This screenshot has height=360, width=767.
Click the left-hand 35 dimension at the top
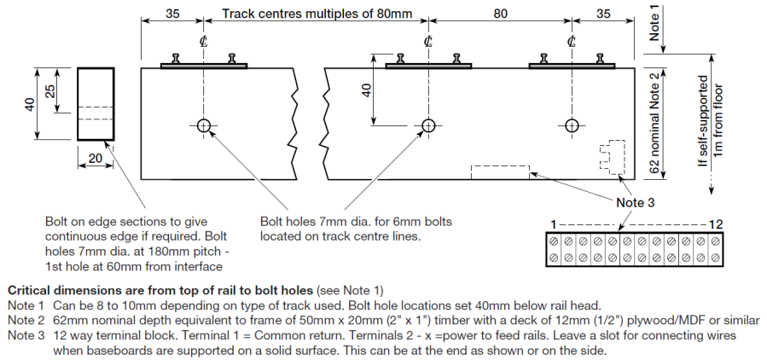[x=172, y=14]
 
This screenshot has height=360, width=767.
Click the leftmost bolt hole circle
[x=203, y=125]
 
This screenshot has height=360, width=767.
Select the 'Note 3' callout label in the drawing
[x=635, y=202]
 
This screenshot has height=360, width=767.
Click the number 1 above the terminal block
[x=554, y=224]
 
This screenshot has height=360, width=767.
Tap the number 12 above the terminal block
[x=715, y=224]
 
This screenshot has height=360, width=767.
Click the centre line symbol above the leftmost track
[x=203, y=42]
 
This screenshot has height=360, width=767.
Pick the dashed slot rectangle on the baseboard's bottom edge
[x=500, y=172]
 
